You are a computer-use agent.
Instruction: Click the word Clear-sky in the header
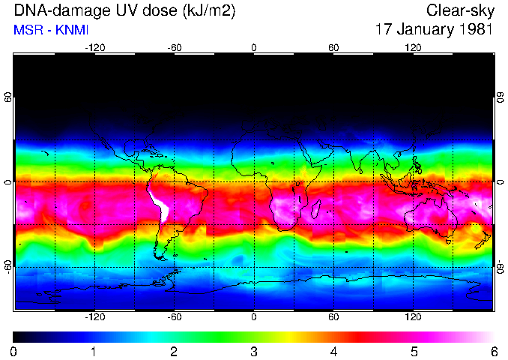[x=459, y=10]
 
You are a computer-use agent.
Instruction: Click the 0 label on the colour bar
[x=14, y=351]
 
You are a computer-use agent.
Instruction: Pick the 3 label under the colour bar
[x=253, y=351]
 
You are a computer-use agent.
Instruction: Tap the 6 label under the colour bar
[x=493, y=351]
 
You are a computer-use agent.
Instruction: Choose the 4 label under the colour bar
[x=333, y=351]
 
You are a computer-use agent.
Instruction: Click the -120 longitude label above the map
[x=94, y=48]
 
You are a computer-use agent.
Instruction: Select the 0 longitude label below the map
[x=254, y=317]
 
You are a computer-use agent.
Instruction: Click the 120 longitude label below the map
[x=414, y=317]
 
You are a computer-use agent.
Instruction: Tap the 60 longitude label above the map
[x=333, y=48]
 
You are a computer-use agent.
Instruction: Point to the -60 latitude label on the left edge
[x=8, y=267]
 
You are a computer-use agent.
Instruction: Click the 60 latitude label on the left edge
[x=8, y=97]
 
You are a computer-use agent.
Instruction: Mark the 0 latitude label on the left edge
[x=8, y=182]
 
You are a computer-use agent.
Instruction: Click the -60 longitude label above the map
[x=174, y=48]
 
